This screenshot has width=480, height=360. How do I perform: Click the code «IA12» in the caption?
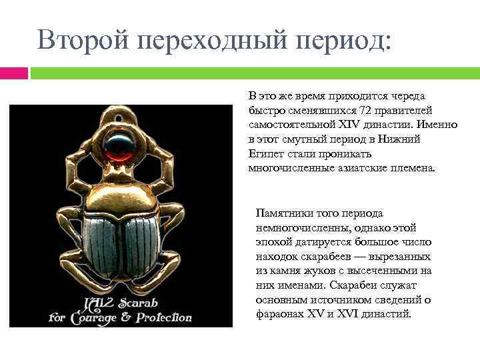pos(93,301)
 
